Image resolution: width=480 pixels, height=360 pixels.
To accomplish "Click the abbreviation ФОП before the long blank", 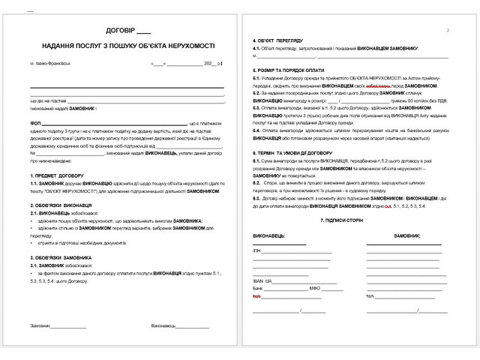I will pyautogui.click(x=35, y=121).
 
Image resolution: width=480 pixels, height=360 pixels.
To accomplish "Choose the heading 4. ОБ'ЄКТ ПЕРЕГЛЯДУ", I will pyautogui.click(x=277, y=40).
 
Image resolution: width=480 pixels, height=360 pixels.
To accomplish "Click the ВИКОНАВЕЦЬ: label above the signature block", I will pyautogui.click(x=269, y=235).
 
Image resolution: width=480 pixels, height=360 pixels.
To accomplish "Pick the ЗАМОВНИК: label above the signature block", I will pyautogui.click(x=406, y=235).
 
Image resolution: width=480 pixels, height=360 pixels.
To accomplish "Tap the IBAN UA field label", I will pyautogui.click(x=261, y=280).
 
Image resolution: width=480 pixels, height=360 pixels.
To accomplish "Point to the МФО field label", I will pyautogui.click(x=316, y=288).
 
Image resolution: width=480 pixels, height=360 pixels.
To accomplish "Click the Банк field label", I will pyautogui.click(x=259, y=288).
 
